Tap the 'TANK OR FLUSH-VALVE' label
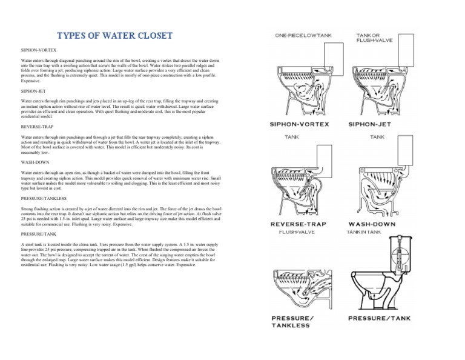372,38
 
